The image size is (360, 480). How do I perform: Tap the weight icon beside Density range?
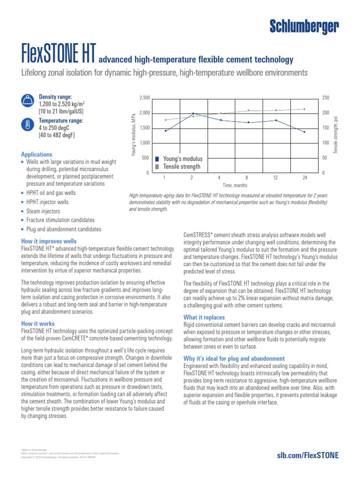click(28, 100)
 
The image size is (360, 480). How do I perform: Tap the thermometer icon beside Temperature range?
click(28, 124)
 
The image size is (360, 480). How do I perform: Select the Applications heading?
click(37, 154)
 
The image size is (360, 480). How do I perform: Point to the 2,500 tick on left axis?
click(144, 97)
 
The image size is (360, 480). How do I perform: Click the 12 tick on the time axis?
click(276, 178)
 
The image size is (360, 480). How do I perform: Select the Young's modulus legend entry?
click(179, 159)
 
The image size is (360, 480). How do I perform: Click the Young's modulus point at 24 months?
click(304, 132)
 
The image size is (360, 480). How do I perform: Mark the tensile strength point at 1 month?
click(165, 120)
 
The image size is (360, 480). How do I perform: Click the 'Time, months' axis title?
click(234, 186)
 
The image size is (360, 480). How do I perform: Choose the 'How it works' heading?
click(37, 323)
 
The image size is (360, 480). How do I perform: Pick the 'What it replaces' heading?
click(204, 317)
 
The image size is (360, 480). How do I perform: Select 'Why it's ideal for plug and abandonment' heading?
click(234, 359)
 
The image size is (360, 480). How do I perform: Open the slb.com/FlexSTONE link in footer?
click(308, 455)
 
